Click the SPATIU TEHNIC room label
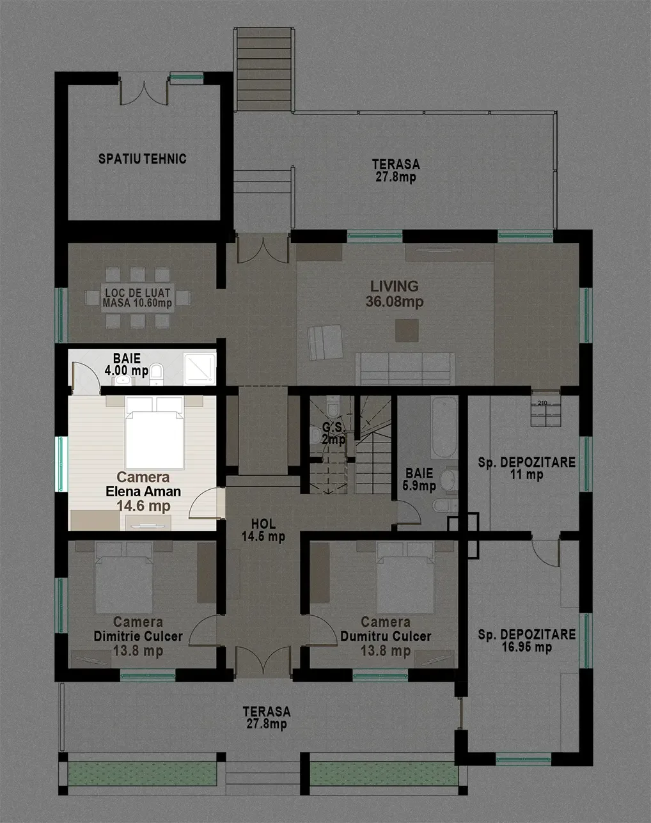tap(143, 159)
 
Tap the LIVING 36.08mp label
tap(395, 294)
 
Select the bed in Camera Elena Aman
tap(155, 432)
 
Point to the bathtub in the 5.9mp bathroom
tap(444, 428)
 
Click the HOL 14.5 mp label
tap(263, 530)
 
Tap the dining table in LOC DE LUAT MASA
tap(137, 298)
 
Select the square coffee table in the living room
tap(407, 331)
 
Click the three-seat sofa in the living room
tap(405, 369)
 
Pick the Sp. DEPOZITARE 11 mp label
tap(527, 468)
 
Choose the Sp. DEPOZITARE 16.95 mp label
tap(527, 641)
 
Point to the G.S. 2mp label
tap(334, 433)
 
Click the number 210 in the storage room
tap(542, 403)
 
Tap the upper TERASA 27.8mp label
tap(396, 171)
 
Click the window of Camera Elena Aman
tap(61, 464)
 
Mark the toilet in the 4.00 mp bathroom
tap(157, 374)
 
